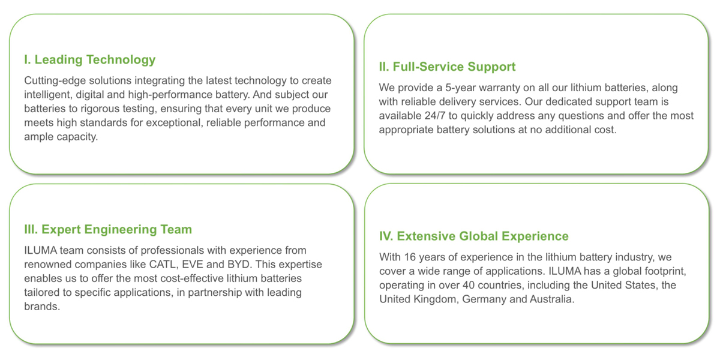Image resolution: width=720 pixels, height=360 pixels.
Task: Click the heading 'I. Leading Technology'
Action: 89,60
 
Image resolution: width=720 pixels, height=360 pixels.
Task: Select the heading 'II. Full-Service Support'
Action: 447,67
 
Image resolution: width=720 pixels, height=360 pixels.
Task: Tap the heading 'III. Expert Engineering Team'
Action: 108,229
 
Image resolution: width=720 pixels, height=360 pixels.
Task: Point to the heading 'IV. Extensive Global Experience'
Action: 474,236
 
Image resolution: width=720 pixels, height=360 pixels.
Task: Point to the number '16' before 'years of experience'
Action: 410,257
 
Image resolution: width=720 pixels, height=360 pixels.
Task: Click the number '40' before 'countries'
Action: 469,285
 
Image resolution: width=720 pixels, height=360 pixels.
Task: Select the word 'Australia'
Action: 552,299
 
